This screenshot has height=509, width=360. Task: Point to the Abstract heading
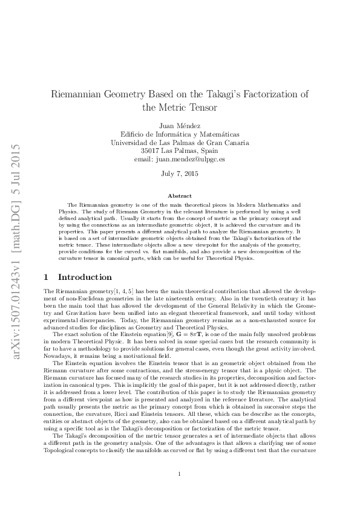(179, 196)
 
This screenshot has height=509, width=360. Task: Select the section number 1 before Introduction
(47, 277)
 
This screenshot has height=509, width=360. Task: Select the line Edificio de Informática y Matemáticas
(179, 134)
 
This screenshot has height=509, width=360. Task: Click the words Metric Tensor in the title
(179, 108)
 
